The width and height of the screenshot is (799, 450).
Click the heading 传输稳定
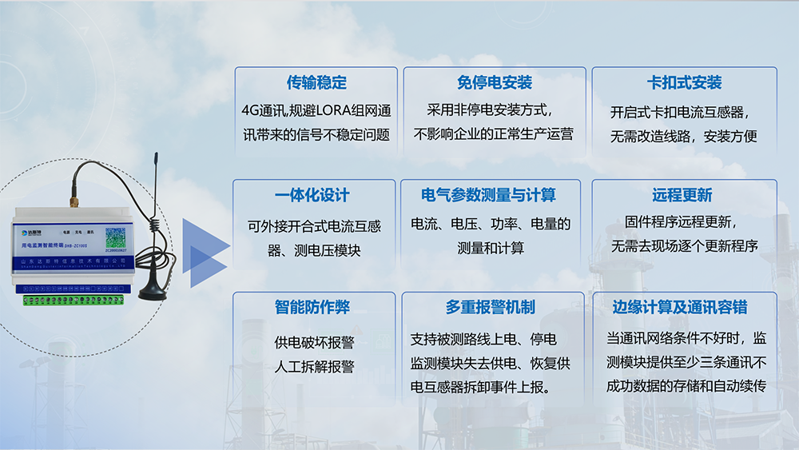click(316, 83)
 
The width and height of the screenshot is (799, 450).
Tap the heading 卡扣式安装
click(684, 83)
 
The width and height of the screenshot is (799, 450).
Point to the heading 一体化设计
click(314, 196)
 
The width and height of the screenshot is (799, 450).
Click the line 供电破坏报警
click(314, 343)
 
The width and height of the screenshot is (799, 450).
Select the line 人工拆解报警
click(314, 367)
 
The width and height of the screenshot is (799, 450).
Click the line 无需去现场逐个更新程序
click(684, 245)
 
